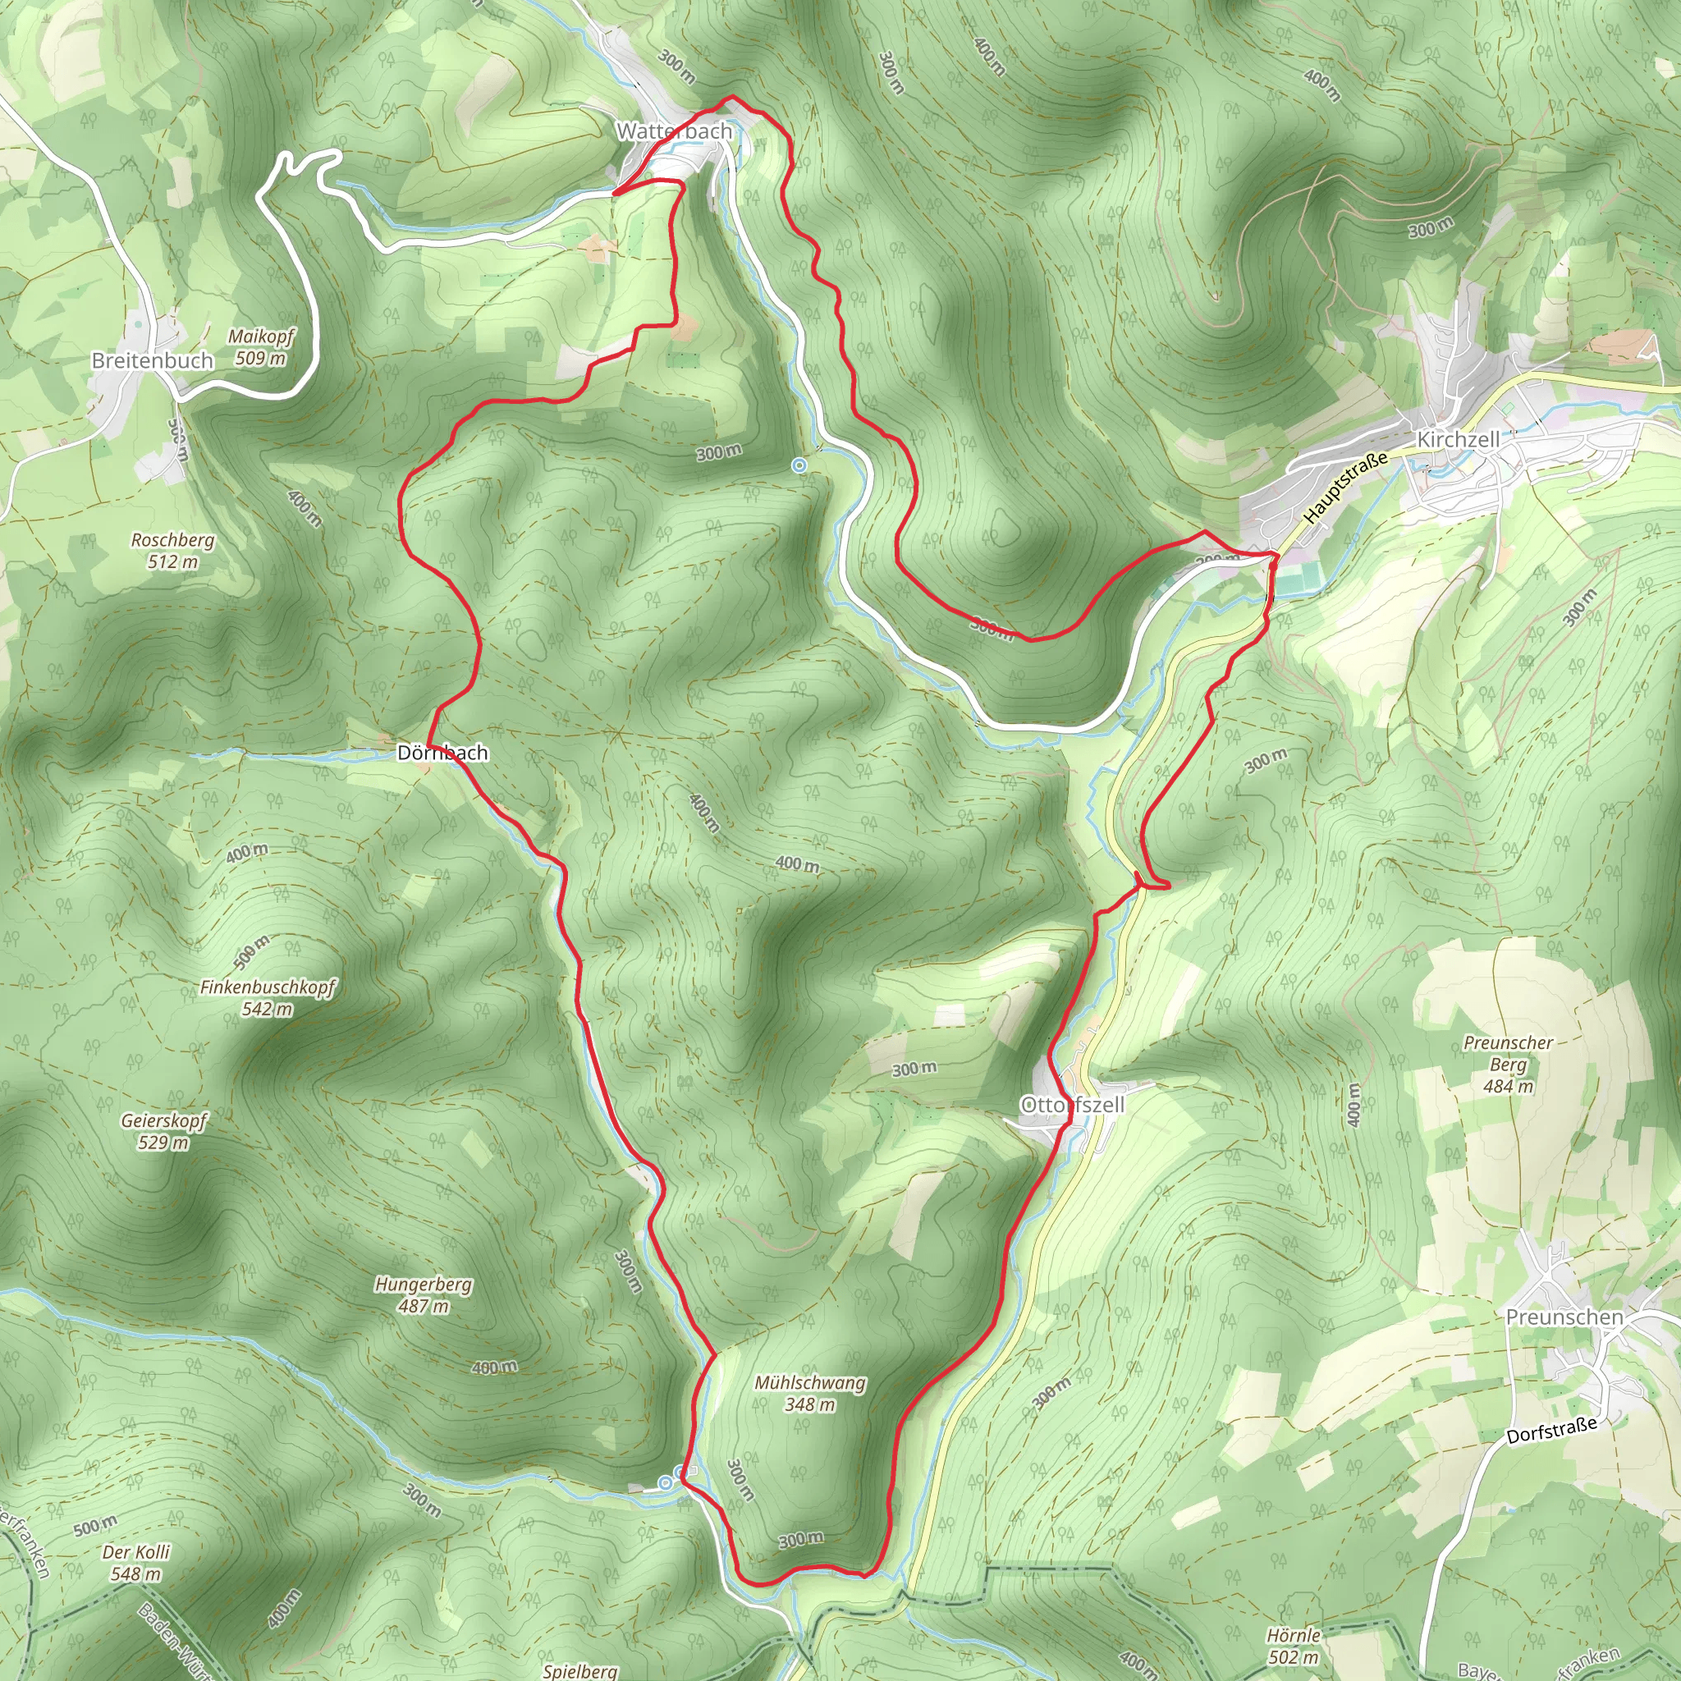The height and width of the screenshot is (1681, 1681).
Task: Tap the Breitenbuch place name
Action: point(153,360)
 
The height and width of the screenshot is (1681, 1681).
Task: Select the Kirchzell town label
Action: point(1459,439)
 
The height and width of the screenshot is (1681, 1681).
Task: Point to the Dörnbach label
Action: point(442,753)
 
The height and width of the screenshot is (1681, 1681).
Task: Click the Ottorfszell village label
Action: point(1072,1104)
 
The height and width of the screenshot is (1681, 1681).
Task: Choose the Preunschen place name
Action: point(1564,1317)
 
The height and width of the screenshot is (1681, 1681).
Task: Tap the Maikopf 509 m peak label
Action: point(261,347)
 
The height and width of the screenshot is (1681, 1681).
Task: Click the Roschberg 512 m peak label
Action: point(172,551)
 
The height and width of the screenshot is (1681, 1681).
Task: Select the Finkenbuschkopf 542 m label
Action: point(267,998)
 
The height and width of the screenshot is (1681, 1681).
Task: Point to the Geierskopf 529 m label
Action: point(163,1131)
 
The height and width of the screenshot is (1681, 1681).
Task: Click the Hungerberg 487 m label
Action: point(424,1294)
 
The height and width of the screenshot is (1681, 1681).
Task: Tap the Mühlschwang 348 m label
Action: point(810,1393)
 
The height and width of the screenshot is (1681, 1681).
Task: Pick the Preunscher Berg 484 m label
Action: point(1508,1064)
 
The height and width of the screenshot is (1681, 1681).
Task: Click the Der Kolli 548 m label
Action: point(135,1563)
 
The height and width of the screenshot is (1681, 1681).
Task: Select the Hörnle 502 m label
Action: point(1294,1647)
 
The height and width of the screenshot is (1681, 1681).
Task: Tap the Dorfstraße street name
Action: point(1552,1430)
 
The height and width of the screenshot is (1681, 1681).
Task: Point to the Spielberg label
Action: point(580,1670)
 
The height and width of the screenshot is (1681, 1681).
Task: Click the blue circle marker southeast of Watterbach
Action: point(799,465)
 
